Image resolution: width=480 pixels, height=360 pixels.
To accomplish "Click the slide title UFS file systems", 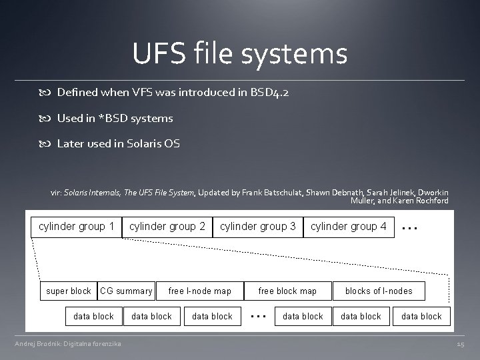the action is point(239,53).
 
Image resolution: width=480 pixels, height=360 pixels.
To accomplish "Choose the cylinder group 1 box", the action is point(77,227).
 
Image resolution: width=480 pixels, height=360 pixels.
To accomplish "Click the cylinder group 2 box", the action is point(167,227).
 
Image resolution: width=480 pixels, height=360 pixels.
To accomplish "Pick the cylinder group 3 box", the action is point(258,227).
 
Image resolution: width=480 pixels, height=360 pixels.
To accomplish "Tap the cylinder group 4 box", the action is point(349,227).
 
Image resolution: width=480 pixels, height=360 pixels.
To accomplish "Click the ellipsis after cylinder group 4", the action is point(410,227).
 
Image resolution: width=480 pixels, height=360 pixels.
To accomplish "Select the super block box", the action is point(69,291).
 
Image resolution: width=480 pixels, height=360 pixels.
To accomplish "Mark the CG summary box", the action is point(126,291).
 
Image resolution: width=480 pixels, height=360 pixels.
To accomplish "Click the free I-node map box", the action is point(200,291).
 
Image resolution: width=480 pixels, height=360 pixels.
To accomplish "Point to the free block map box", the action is point(287,291).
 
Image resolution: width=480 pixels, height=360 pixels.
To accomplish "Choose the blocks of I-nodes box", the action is point(379,291).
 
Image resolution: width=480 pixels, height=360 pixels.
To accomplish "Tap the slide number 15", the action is point(460,344).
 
